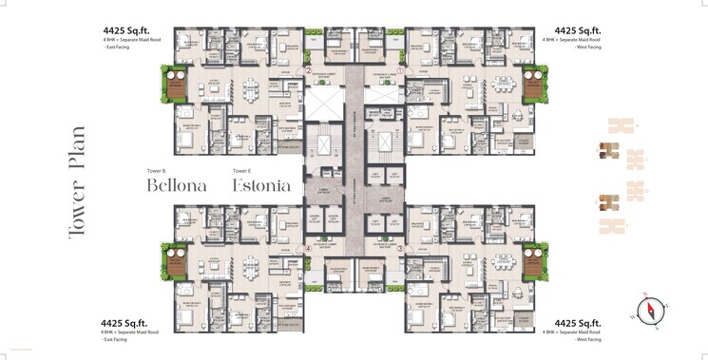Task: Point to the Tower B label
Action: (157, 170)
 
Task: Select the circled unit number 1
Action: (400, 70)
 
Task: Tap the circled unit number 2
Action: (308, 70)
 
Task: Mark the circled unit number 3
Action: (400, 249)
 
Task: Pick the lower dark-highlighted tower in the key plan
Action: (608, 201)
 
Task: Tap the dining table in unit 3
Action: (457, 271)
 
